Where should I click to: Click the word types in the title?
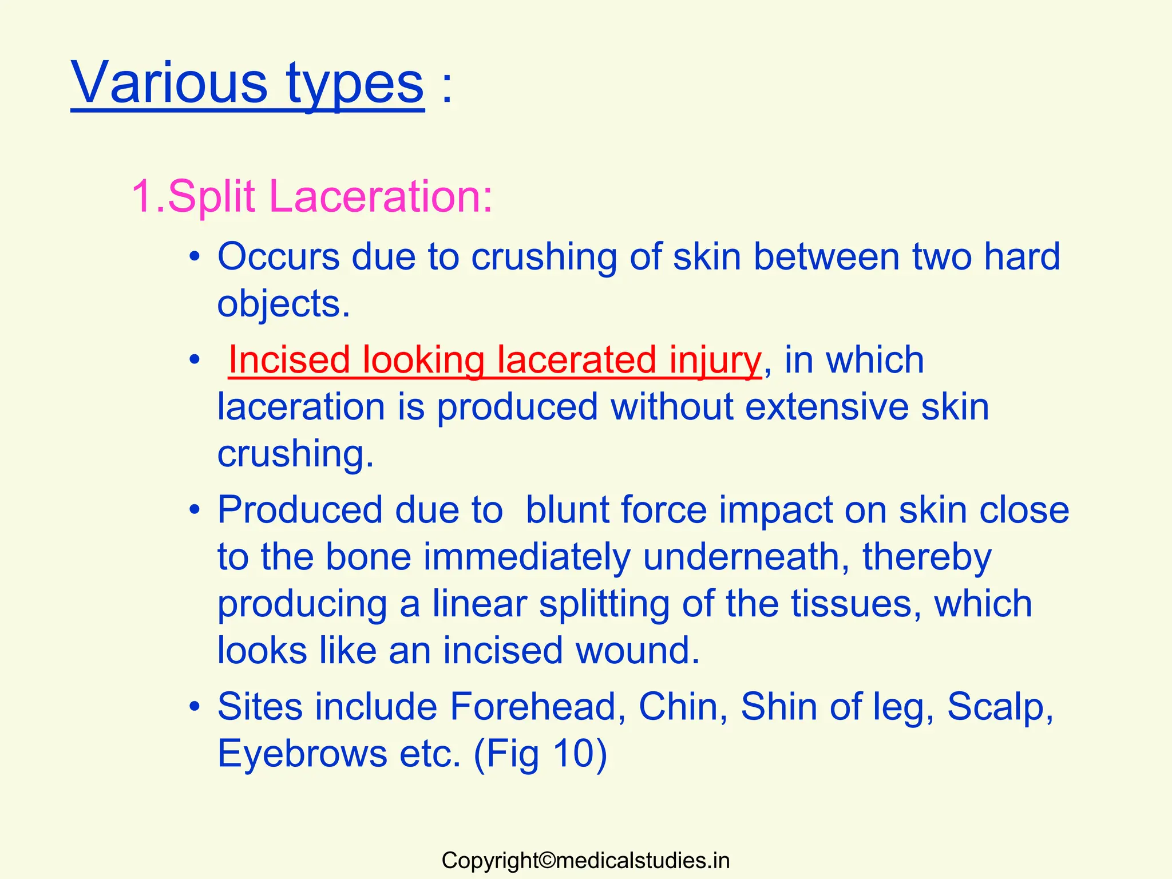355,86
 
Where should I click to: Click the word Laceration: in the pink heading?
380,197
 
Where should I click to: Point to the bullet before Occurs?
195,257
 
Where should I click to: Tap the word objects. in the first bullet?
283,304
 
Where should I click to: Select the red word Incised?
289,361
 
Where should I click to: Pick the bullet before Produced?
195,509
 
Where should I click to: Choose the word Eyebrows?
303,754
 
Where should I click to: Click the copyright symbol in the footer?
547,861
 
